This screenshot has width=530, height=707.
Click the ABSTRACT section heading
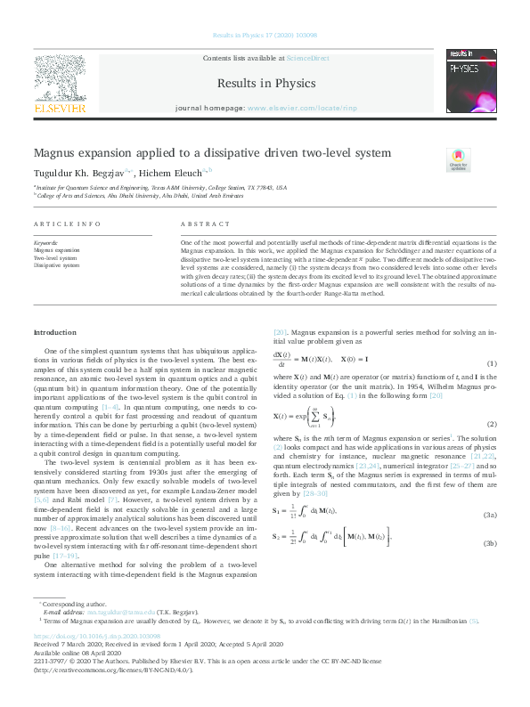tap(199, 226)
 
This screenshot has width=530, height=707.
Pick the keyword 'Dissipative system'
tap(56, 265)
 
